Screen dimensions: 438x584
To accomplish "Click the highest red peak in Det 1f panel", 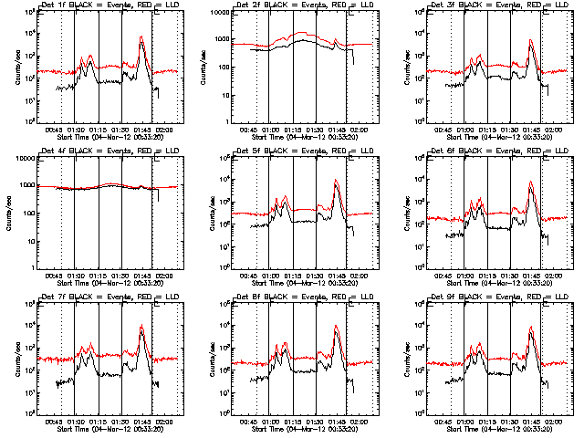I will click(141, 37).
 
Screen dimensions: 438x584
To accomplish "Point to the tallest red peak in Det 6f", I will click(531, 182).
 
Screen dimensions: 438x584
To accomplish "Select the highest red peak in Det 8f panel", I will click(336, 326).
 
